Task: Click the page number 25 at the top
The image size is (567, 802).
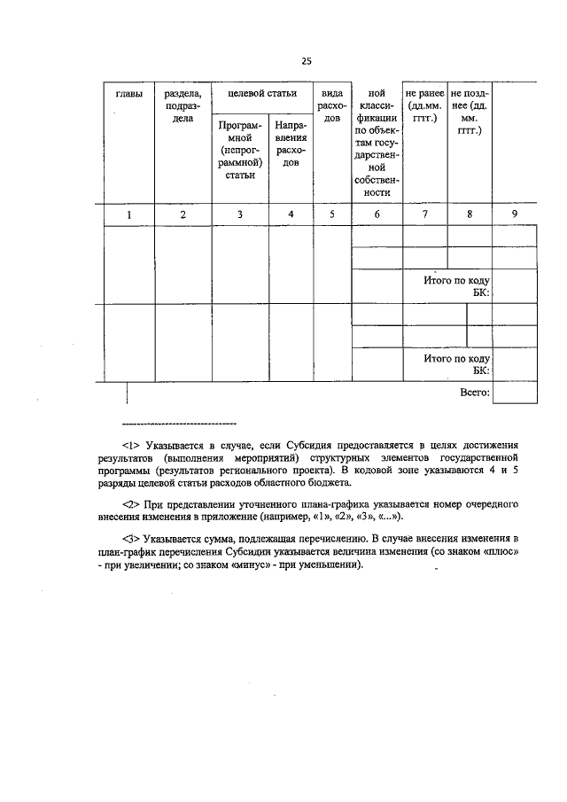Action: pos(306,61)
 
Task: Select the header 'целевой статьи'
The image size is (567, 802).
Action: pos(261,93)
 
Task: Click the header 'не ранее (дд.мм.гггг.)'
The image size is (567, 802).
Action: pos(424,105)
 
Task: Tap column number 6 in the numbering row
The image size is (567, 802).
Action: pos(377,214)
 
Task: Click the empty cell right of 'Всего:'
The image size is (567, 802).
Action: pos(515,392)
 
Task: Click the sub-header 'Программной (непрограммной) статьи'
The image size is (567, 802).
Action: pos(239,151)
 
